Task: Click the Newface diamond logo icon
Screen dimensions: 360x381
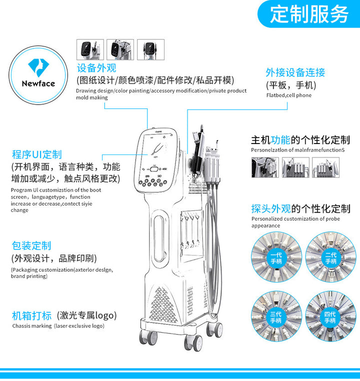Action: coord(38,67)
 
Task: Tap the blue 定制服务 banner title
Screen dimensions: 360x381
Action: coord(309,14)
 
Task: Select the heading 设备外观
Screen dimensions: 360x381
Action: coord(96,68)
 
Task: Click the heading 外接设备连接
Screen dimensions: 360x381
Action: coord(295,72)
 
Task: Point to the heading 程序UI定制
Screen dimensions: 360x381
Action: coord(36,154)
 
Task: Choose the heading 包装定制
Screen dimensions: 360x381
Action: coord(31,245)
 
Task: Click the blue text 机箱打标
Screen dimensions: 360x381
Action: coord(31,315)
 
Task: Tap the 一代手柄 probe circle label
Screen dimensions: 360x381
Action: coord(276,258)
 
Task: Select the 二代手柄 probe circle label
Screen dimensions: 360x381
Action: coord(331,258)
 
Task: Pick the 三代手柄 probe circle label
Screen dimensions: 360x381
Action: coord(276,317)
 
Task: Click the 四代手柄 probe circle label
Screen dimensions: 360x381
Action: coord(330,317)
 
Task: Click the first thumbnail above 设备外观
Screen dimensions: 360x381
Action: coord(90,49)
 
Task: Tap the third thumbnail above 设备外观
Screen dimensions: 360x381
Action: coord(150,49)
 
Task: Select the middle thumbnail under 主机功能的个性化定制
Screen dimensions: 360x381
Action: coord(295,167)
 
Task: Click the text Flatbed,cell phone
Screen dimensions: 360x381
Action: coord(289,95)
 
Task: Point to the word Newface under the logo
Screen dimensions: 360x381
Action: coord(38,83)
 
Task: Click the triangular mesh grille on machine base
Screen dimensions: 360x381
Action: coord(162,304)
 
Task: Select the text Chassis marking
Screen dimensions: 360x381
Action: coord(32,326)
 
